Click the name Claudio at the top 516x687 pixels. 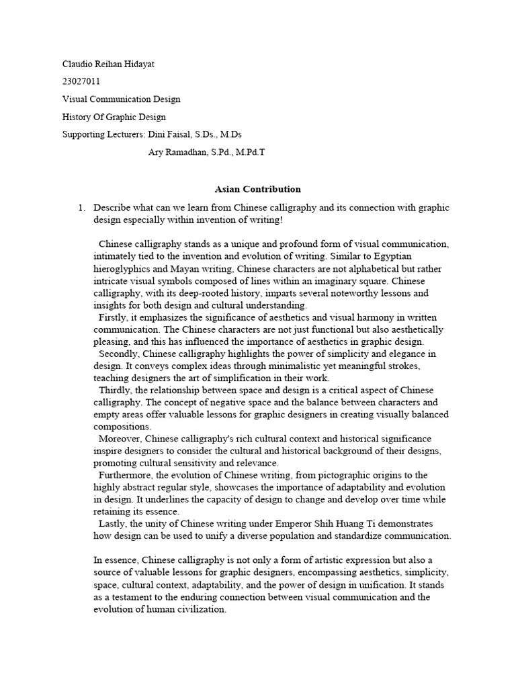coord(77,64)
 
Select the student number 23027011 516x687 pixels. coord(81,81)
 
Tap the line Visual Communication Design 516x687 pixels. coord(121,99)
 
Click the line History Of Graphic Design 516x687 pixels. coord(114,117)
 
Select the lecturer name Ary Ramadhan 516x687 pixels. coord(178,152)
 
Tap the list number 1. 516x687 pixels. coord(81,208)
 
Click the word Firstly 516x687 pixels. coord(114,318)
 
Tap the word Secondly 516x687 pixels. coord(119,354)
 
